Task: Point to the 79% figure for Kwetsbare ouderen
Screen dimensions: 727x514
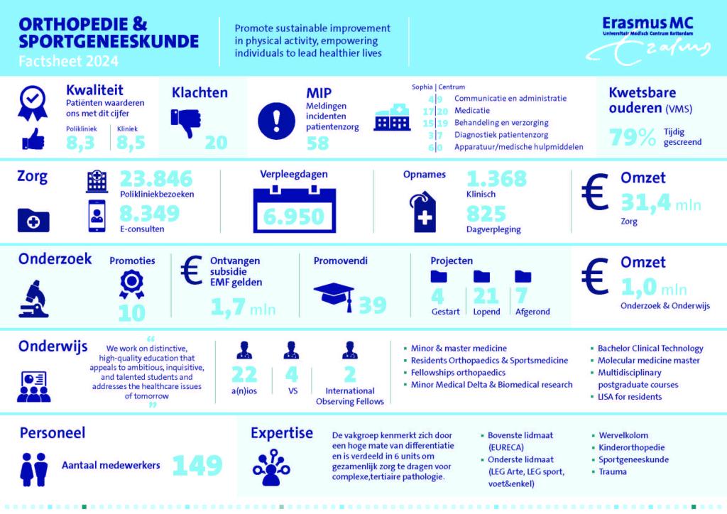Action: pyautogui.click(x=633, y=138)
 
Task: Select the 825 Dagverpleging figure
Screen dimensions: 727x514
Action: pyautogui.click(x=486, y=213)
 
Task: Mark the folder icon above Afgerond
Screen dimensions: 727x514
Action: pyautogui.click(x=523, y=275)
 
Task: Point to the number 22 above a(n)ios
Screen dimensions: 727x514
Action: pyautogui.click(x=245, y=375)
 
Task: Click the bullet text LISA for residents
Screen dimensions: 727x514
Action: pyautogui.click(x=631, y=396)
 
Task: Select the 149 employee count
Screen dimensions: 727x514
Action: pyautogui.click(x=197, y=465)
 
